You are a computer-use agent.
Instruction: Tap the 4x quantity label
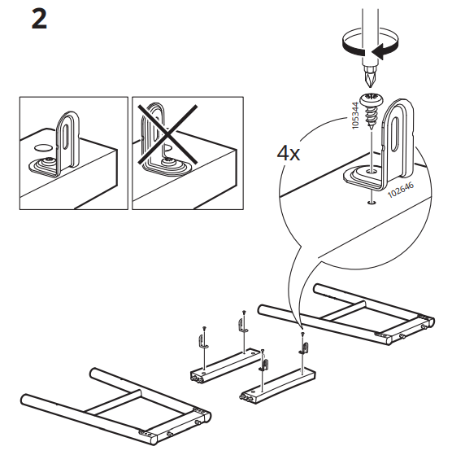[x=289, y=152]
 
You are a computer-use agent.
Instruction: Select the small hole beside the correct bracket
[x=42, y=149]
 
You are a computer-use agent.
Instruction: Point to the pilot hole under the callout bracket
[x=371, y=203]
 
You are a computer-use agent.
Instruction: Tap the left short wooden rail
[x=222, y=363]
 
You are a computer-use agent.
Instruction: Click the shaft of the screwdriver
[x=376, y=33]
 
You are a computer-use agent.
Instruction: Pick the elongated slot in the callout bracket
[x=400, y=130]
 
